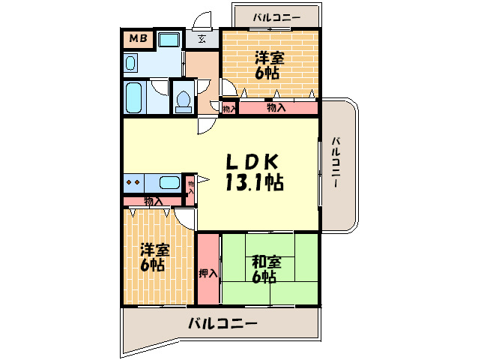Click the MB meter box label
pyautogui.click(x=138, y=38)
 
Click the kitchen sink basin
pyautogui.click(x=169, y=181)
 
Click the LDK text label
pyautogui.click(x=254, y=161)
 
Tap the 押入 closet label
pyautogui.click(x=208, y=274)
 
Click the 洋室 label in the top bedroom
pyautogui.click(x=269, y=57)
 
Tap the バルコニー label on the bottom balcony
pyautogui.click(x=222, y=324)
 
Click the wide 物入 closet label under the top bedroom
pyautogui.click(x=276, y=108)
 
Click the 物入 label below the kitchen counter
pyautogui.click(x=153, y=201)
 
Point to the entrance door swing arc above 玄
pyautogui.click(x=201, y=21)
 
